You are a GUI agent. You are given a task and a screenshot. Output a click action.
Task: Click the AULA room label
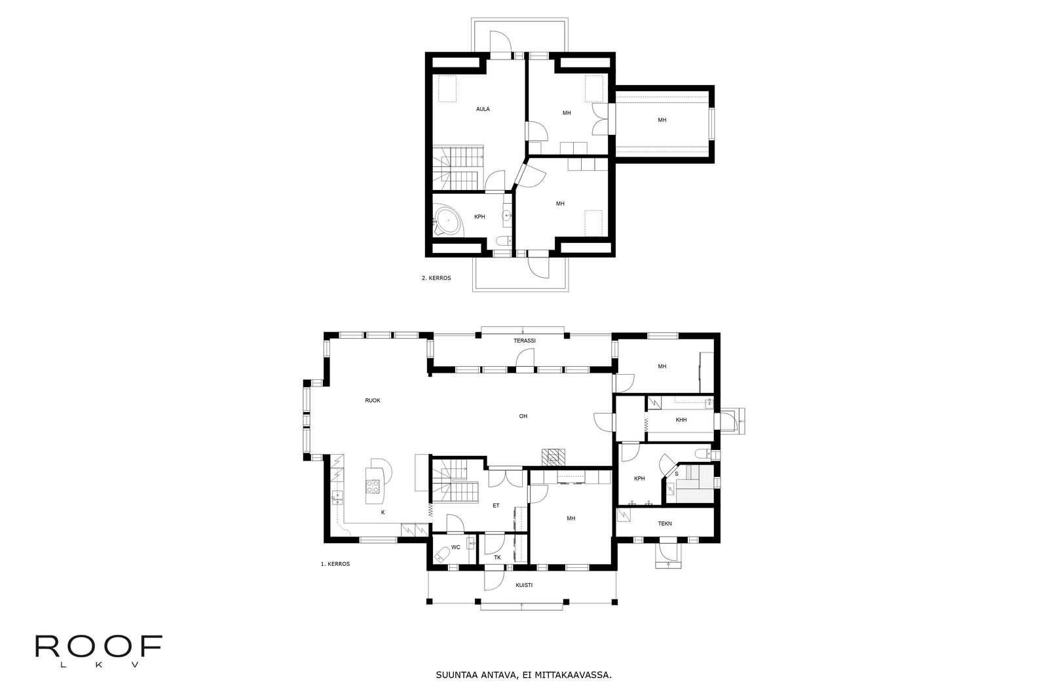pos(483,109)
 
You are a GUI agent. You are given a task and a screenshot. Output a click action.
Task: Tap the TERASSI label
pos(525,341)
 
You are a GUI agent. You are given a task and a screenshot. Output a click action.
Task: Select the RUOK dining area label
pos(373,400)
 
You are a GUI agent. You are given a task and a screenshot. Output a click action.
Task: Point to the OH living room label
pos(523,416)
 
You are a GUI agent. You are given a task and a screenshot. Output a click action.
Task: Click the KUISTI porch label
pos(524,585)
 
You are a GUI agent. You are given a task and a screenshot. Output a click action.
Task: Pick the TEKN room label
pos(665,523)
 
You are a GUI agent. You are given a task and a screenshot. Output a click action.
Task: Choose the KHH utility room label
pos(681,420)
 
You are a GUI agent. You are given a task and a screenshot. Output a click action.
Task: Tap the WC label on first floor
pos(456,547)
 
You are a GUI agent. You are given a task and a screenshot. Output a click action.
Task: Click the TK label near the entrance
pos(497,557)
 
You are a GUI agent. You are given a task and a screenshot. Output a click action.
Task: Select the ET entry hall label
pos(496,506)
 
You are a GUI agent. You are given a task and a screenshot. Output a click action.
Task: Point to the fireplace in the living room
pos(553,457)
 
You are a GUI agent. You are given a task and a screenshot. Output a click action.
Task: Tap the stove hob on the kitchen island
pos(373,487)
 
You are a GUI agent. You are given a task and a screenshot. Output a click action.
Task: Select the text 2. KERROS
pos(436,278)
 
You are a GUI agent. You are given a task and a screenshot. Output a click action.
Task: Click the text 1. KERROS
pos(335,564)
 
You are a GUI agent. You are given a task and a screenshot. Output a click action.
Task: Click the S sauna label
pos(676,474)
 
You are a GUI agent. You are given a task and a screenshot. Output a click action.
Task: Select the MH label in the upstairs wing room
pos(662,121)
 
